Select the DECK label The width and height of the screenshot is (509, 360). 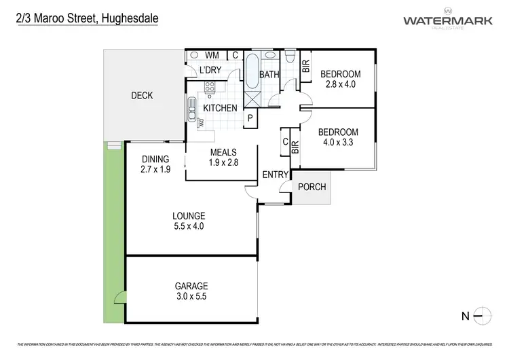tap(142, 96)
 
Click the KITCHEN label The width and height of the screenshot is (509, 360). tap(221, 108)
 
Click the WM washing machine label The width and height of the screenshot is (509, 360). tap(212, 55)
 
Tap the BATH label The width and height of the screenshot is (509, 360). tap(269, 75)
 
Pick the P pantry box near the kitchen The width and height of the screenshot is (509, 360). tap(250, 118)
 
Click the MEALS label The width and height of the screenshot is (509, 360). tap(223, 152)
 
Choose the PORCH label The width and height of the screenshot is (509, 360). tap(312, 187)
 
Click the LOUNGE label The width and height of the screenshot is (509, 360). tap(189, 216)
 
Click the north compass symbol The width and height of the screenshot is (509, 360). tap(481, 314)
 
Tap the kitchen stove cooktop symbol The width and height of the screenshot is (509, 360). tap(210, 87)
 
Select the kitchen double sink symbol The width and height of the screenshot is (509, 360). tap(192, 109)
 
